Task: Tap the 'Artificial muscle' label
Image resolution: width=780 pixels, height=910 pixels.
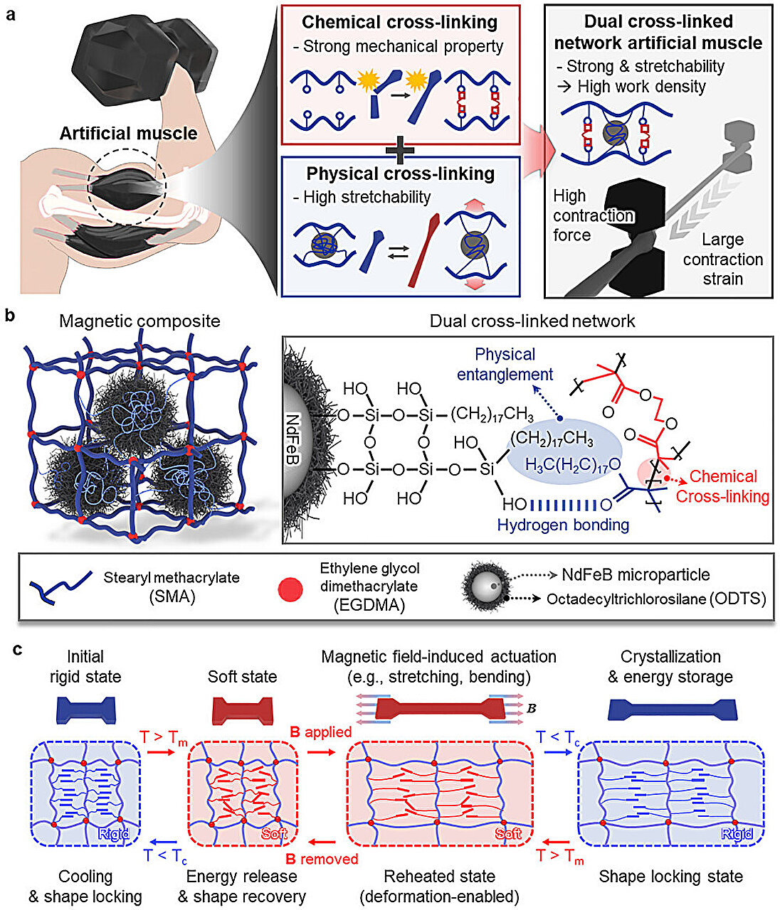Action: (x=128, y=134)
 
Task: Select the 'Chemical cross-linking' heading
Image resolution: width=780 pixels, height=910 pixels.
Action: (x=399, y=22)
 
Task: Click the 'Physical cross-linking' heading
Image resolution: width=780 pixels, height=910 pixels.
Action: (x=400, y=173)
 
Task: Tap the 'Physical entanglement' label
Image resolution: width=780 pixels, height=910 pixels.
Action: (x=505, y=364)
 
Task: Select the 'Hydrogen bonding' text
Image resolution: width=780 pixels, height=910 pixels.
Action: (x=563, y=525)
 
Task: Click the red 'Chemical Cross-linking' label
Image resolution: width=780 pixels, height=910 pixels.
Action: (x=723, y=486)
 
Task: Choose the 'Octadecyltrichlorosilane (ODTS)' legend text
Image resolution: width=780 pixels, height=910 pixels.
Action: (x=655, y=599)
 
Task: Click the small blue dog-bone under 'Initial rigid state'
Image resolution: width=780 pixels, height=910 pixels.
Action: (x=85, y=708)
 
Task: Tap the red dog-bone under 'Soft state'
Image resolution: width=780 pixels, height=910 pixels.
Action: (x=242, y=708)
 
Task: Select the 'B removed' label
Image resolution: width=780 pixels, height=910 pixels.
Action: (x=322, y=859)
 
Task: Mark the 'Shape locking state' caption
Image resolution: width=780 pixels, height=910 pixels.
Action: (x=670, y=877)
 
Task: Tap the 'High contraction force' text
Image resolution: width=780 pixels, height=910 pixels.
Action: (x=593, y=215)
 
